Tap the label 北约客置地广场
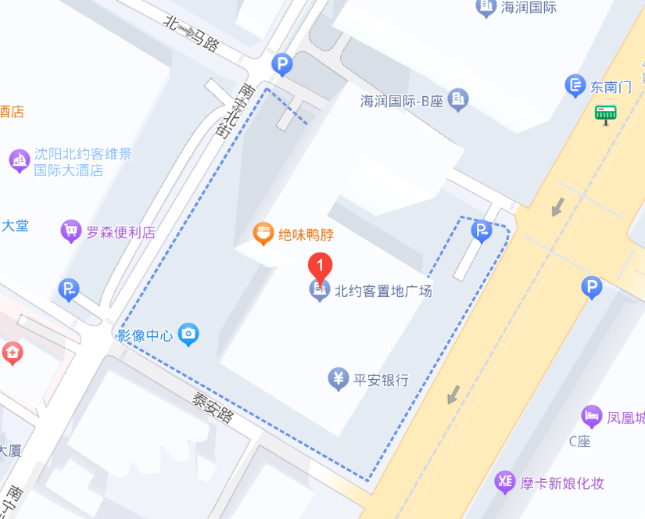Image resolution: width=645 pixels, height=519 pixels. pos(383,292)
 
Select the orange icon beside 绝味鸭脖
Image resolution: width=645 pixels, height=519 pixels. pos(263,233)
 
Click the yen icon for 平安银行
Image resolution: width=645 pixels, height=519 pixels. pos(338,380)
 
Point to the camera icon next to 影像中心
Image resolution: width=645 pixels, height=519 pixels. pos(188,335)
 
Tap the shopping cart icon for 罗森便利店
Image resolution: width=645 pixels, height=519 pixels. pos(71,231)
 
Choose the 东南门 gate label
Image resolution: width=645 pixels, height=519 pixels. pos(611,87)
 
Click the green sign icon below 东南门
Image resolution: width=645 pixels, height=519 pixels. pos(606,114)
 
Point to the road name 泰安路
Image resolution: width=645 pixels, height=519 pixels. pos(213,406)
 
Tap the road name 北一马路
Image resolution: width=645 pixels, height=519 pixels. pos(191,33)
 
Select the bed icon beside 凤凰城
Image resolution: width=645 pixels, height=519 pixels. pos(592,417)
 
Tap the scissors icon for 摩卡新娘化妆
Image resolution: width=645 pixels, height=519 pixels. pos(505,482)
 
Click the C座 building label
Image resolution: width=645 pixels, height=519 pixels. pos(579,442)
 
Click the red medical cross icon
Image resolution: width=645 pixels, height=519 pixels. pos(12,353)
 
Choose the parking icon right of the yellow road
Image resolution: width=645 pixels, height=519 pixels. pos(592,289)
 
